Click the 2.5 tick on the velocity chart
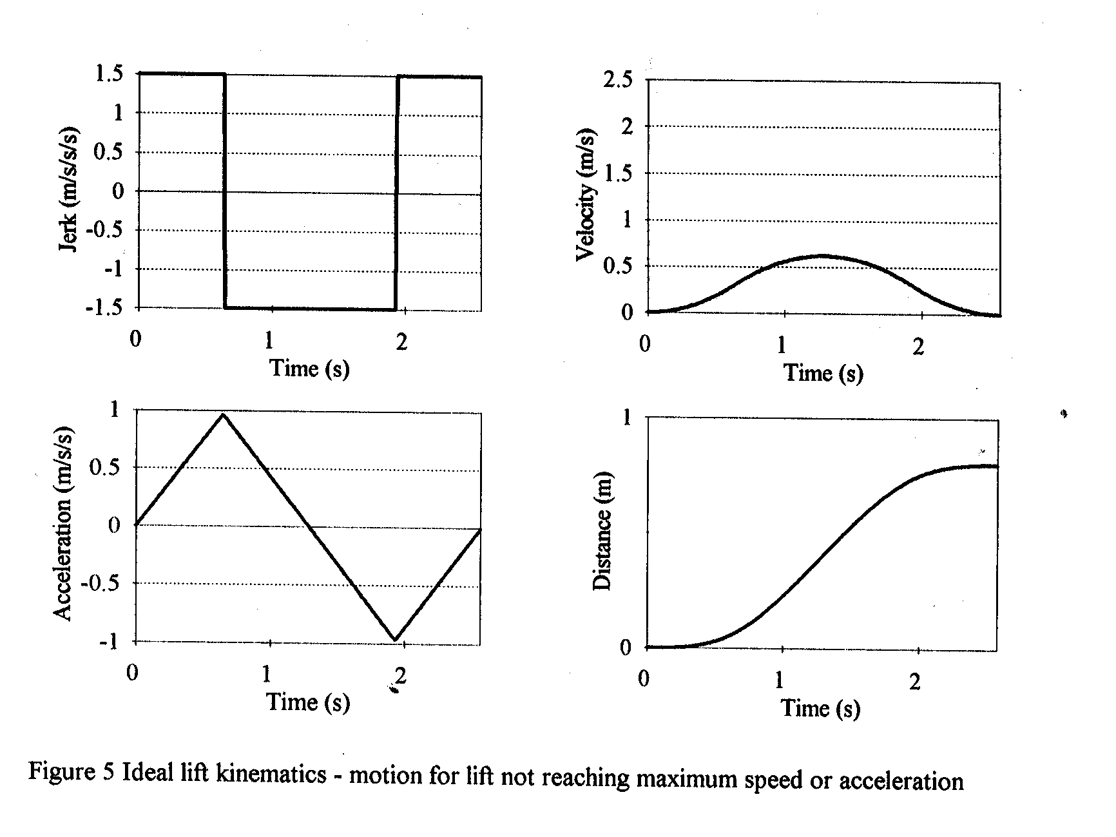pyautogui.click(x=617, y=81)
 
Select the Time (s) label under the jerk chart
pyautogui.click(x=309, y=368)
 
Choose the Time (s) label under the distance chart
pyautogui.click(x=820, y=708)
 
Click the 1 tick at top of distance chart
pyautogui.click(x=626, y=418)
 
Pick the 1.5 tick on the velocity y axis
pyautogui.click(x=617, y=173)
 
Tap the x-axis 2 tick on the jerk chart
pyautogui.click(x=401, y=342)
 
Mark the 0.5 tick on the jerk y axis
pyautogui.click(x=109, y=152)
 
